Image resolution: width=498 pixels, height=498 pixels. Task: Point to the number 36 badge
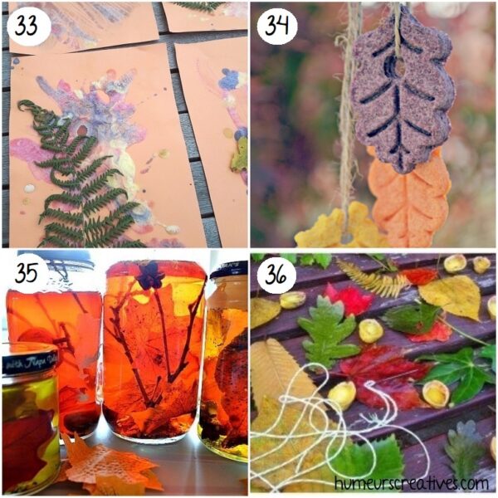pos(276,275)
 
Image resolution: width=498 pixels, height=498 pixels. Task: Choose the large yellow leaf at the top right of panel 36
pos(452,294)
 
